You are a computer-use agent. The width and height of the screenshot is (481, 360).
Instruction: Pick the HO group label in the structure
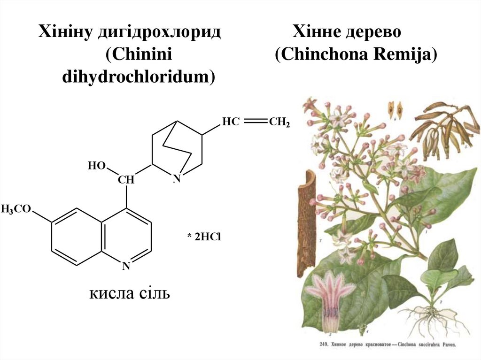click(97, 166)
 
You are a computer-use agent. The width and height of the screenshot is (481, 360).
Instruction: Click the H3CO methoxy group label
click(16, 209)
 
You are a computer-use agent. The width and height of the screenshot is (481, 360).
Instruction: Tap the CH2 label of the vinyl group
click(279, 123)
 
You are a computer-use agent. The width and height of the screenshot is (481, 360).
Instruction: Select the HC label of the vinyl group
click(231, 122)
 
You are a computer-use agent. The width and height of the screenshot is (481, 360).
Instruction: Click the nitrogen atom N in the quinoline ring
click(126, 266)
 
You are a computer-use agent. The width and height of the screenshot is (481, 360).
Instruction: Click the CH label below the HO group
click(126, 179)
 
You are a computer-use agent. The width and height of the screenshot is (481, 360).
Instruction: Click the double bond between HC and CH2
click(255, 122)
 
